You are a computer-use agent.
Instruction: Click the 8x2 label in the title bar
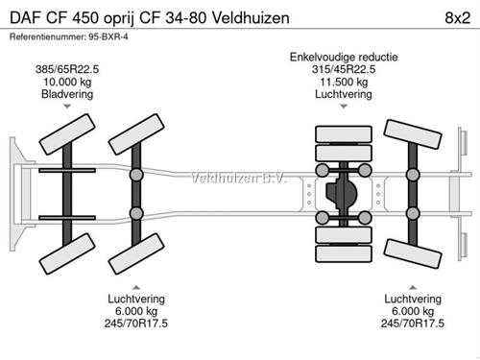point(457,18)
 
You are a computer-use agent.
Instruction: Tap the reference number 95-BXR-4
point(108,36)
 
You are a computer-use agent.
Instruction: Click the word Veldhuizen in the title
point(251,18)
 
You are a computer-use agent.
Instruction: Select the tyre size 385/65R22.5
point(67,69)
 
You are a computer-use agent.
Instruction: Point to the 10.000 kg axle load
point(67,82)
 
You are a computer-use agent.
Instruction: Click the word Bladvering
point(67,94)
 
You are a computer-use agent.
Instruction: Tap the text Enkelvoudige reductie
point(344,57)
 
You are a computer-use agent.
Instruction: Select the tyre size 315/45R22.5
point(344,69)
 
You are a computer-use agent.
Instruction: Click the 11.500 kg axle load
point(344,82)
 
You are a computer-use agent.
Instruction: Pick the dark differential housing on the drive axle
point(341,192)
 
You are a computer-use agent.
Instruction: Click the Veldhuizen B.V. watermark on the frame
point(238,179)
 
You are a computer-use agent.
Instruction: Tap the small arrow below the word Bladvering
point(67,107)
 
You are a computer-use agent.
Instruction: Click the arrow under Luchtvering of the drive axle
point(344,107)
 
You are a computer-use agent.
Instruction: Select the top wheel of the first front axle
point(67,134)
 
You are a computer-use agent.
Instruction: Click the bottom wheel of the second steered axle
point(136,253)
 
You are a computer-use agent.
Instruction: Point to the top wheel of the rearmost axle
point(413,134)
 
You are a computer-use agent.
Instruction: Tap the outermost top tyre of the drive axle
point(344,134)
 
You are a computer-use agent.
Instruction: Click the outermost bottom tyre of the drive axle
point(344,253)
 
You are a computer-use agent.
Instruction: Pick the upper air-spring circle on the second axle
point(136,175)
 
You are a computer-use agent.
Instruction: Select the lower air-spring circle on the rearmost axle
point(413,213)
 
